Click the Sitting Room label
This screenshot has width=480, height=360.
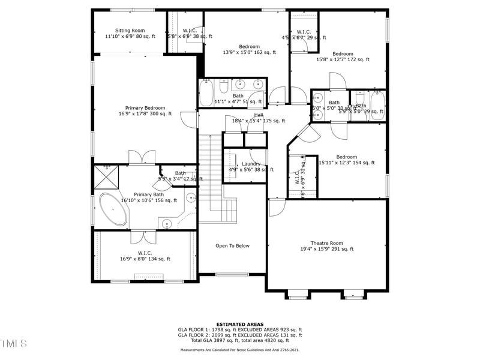[130, 30]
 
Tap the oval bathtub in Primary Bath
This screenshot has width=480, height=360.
[112, 209]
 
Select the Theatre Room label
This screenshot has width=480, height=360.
[326, 243]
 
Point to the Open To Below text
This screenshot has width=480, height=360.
[232, 246]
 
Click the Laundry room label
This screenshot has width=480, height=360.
[251, 164]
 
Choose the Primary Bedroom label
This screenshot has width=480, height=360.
[145, 108]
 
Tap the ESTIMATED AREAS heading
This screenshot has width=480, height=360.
[240, 324]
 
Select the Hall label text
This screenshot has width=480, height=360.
[259, 115]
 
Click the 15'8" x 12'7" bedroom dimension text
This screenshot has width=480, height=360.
[343, 59]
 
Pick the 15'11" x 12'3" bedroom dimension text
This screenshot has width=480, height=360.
[346, 163]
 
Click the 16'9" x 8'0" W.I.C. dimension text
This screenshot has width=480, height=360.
[145, 259]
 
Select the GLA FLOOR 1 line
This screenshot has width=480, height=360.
[240, 329]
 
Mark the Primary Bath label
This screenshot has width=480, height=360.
[149, 194]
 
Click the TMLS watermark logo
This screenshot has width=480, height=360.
[13, 343]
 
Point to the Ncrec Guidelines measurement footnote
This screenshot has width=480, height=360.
[240, 350]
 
